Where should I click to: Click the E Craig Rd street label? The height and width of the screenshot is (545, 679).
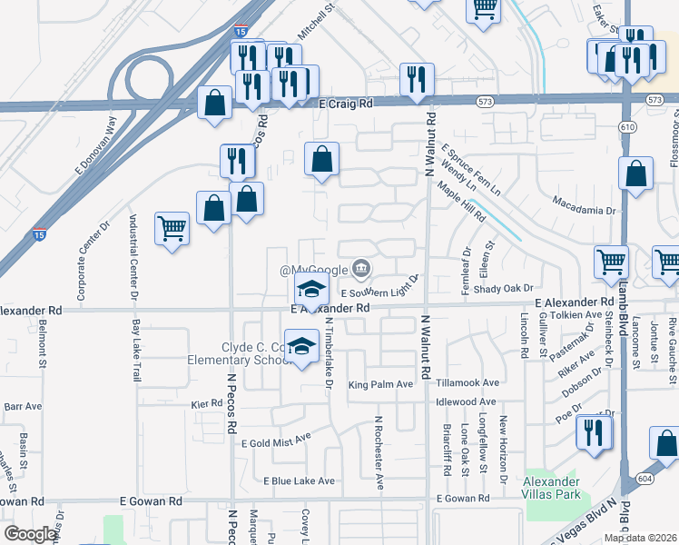347,104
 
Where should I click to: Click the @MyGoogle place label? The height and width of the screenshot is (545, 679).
313,270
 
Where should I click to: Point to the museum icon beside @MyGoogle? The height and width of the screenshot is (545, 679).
361,268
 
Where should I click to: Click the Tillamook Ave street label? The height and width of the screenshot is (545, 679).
467,383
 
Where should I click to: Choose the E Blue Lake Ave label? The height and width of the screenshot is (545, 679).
300,481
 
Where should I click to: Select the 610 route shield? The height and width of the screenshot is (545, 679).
626,128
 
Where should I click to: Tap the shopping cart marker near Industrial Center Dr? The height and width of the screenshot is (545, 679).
172,229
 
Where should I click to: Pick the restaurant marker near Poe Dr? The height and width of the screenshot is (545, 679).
593,431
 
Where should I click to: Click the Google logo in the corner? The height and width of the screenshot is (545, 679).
31,534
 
